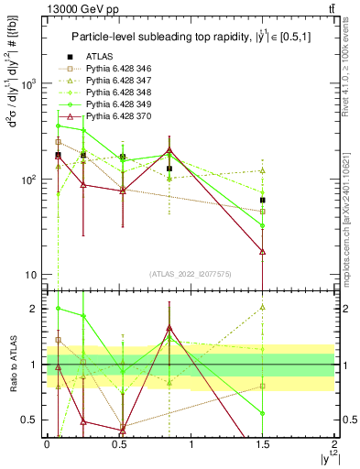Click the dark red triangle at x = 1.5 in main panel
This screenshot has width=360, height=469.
(x=263, y=251)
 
